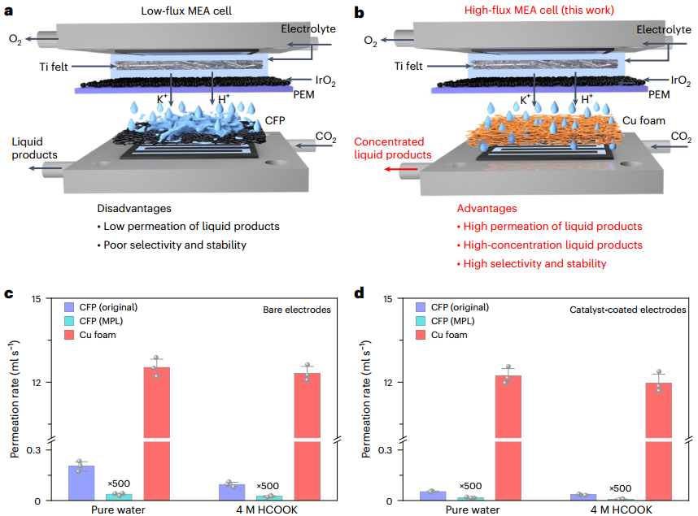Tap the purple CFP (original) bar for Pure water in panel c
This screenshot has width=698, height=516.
pyautogui.click(x=81, y=483)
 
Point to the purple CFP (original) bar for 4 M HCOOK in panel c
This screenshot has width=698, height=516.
pyautogui.click(x=232, y=492)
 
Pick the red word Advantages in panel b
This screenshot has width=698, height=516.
pyautogui.click(x=486, y=209)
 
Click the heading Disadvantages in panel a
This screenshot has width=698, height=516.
pyautogui.click(x=134, y=208)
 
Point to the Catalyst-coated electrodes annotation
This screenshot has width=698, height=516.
pyautogui.click(x=633, y=310)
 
